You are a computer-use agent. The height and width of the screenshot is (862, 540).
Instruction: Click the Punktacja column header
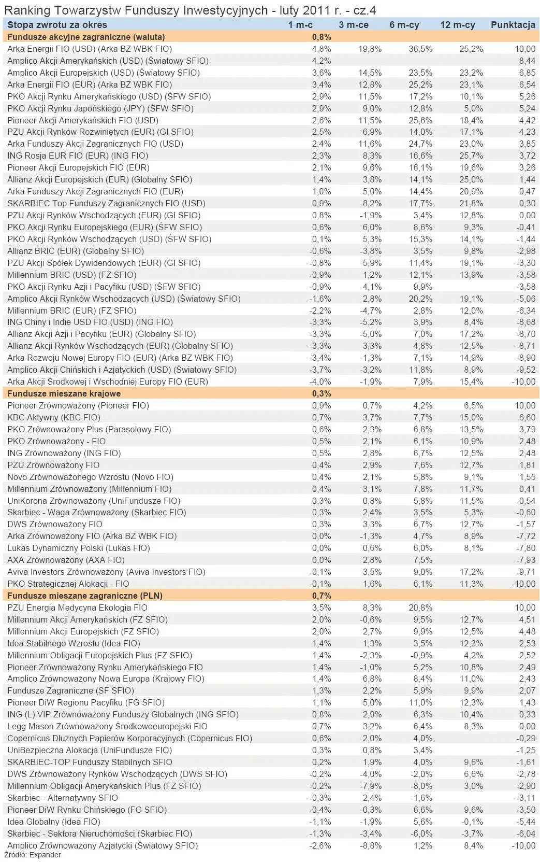pyautogui.click(x=513, y=25)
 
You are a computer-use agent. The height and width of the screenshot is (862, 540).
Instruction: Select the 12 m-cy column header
pyautogui.click(x=457, y=25)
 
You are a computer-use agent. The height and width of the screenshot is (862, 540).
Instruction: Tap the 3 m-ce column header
pyautogui.click(x=354, y=25)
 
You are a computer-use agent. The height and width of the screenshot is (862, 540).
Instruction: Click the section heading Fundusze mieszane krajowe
pyautogui.click(x=64, y=393)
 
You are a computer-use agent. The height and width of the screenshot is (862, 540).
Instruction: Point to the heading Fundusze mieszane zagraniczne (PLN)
pyautogui.click(x=85, y=596)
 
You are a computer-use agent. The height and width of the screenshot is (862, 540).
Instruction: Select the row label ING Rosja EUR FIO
pyautogui.click(x=78, y=156)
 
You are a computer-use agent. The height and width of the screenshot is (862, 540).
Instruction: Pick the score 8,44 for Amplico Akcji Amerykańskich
pyautogui.click(x=527, y=61)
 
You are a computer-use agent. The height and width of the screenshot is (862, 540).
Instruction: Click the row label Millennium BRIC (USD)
pyautogui.click(x=72, y=275)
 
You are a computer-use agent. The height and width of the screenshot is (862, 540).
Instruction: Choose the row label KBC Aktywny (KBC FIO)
pyautogui.click(x=54, y=417)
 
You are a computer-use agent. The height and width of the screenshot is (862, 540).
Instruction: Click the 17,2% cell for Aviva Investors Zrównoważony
pyautogui.click(x=471, y=572)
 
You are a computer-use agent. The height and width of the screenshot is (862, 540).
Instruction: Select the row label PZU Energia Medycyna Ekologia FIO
pyautogui.click(x=77, y=607)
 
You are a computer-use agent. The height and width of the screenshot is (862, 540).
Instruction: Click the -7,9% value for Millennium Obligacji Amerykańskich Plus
pyautogui.click(x=371, y=786)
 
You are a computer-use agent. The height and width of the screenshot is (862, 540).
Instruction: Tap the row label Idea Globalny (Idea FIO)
pyautogui.click(x=54, y=822)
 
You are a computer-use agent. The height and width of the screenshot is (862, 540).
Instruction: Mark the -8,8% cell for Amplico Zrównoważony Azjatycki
pyautogui.click(x=371, y=845)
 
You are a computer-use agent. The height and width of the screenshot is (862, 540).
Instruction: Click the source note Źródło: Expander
pyautogui.click(x=32, y=855)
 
